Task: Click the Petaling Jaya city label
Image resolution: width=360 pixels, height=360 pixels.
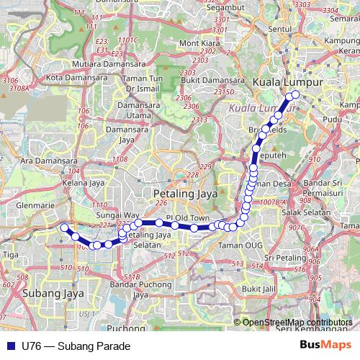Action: coord(183,194)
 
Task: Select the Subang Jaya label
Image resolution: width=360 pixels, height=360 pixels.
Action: coord(44,294)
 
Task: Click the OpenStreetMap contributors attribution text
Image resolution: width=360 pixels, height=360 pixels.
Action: coord(297,322)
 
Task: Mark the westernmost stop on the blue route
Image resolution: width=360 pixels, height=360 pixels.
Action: coord(64,228)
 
